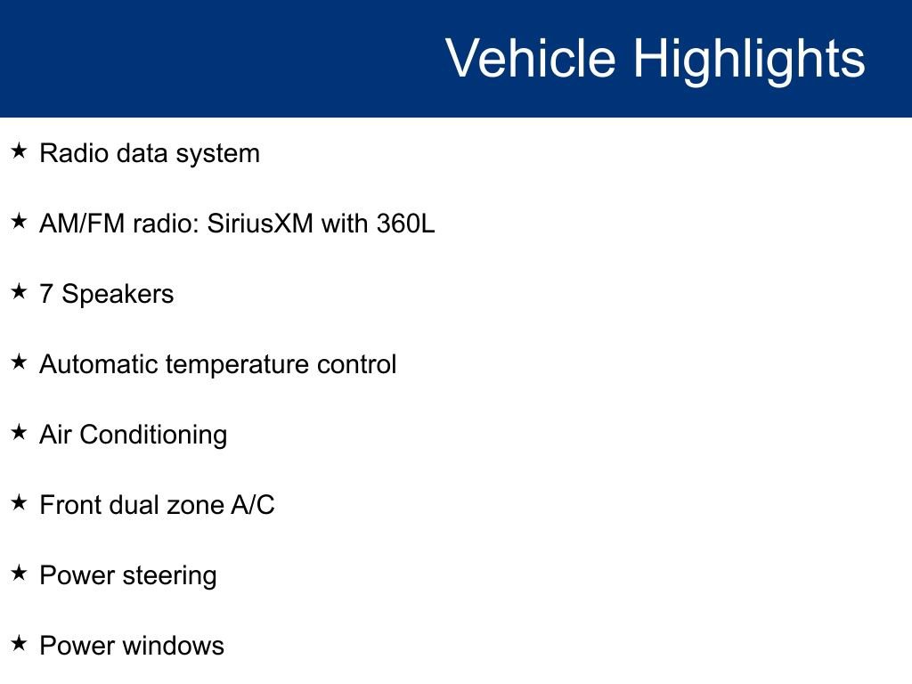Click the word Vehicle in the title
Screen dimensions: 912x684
(x=531, y=58)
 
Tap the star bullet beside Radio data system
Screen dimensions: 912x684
(x=19, y=151)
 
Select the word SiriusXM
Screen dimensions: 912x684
(x=260, y=224)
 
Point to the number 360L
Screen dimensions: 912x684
(x=405, y=224)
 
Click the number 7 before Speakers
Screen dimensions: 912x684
(x=46, y=294)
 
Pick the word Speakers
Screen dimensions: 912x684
(x=118, y=294)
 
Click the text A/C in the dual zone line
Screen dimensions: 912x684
(x=252, y=505)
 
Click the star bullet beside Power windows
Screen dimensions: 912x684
(x=19, y=643)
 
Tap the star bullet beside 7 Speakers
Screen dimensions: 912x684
(x=19, y=291)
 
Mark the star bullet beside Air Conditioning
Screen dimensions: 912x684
(x=19, y=432)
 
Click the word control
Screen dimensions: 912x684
(x=356, y=364)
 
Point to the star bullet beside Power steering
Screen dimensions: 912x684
(x=19, y=573)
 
